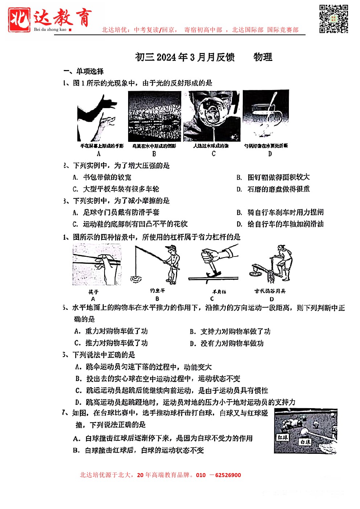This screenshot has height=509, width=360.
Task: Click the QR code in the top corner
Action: (334, 19)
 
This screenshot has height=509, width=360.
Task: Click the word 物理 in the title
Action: (263, 57)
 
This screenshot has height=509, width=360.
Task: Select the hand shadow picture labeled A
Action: (98, 118)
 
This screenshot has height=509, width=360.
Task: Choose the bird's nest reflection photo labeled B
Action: (155, 116)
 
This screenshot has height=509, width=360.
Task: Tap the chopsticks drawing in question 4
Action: (97, 264)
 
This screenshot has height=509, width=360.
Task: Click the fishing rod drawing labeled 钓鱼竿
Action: (157, 265)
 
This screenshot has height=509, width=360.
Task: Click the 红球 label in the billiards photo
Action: (282, 438)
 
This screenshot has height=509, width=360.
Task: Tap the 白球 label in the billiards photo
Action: (305, 442)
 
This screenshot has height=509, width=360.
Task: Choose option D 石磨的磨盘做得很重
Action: (278, 189)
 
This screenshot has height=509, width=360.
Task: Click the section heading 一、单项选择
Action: (83, 71)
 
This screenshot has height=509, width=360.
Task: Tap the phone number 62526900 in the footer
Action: (228, 475)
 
